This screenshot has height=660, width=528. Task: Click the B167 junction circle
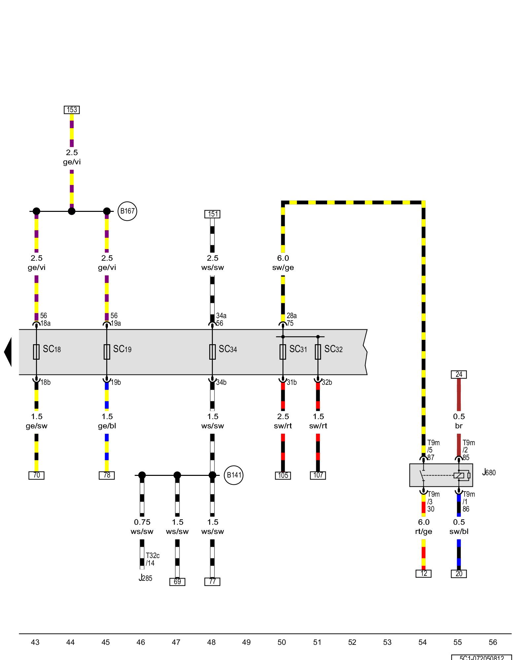click(127, 211)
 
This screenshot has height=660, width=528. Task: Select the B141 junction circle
click(234, 475)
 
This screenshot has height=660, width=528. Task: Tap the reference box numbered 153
click(72, 110)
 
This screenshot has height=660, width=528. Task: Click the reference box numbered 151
click(213, 214)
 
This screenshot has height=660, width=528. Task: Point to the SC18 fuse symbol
click(36, 352)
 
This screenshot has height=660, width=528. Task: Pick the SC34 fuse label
click(228, 349)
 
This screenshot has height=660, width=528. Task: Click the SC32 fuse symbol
click(318, 352)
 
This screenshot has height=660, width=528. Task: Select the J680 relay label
click(489, 473)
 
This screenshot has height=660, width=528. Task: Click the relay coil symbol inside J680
click(459, 476)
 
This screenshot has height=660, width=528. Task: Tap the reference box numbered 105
click(283, 476)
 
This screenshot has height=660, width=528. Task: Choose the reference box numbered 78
click(107, 475)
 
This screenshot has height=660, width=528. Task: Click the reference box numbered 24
click(459, 375)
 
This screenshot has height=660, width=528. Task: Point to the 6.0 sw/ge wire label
click(283, 263)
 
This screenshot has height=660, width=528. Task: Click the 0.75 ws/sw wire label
click(142, 527)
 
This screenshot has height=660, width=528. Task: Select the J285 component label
click(146, 578)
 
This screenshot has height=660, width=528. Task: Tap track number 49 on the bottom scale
click(247, 642)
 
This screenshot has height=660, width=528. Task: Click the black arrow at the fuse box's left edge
click(8, 352)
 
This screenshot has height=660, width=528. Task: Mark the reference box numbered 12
click(424, 574)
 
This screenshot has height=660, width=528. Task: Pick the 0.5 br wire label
click(459, 421)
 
